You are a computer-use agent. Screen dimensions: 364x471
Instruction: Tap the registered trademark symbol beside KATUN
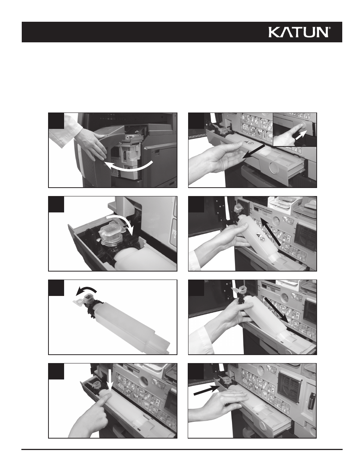pos(330,28)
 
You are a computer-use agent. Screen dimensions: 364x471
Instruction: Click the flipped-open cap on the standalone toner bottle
pos(81,300)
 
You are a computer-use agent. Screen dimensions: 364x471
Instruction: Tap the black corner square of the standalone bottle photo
pos(56,288)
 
